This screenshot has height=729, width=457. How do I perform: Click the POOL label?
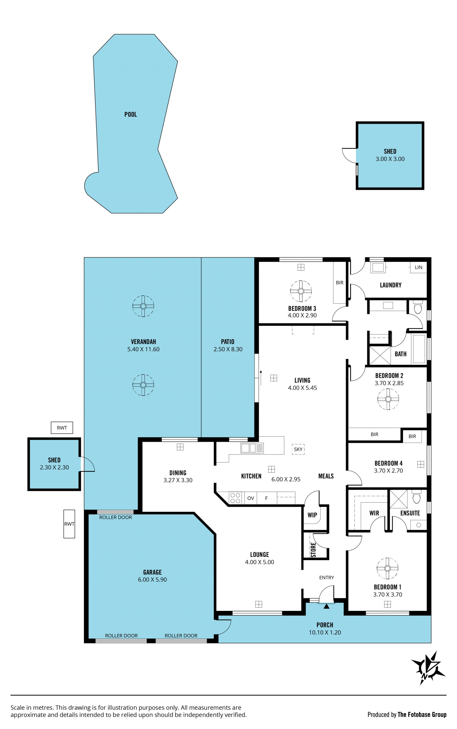(x=131, y=114)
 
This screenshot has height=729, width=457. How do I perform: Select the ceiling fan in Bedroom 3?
(x=301, y=291)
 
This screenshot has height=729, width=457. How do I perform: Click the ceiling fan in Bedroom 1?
(x=387, y=568)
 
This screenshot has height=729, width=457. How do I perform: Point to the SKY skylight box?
(x=298, y=449)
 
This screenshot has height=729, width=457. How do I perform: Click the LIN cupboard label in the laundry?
(x=419, y=267)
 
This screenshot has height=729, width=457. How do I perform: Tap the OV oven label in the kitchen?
(x=251, y=498)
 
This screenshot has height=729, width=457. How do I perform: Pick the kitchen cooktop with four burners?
(x=235, y=498)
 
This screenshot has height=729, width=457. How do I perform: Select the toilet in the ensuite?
(x=417, y=497)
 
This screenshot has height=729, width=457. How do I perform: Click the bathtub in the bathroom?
(x=419, y=349)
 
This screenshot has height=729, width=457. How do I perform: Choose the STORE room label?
(x=313, y=550)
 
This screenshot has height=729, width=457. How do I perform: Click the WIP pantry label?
(x=312, y=515)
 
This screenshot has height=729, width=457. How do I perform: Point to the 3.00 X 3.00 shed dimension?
(x=390, y=159)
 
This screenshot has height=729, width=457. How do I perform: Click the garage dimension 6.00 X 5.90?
(x=152, y=580)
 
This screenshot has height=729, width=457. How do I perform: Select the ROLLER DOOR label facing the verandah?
(x=115, y=517)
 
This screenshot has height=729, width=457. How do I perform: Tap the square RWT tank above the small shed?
(x=62, y=428)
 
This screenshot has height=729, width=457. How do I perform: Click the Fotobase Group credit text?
(x=422, y=714)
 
